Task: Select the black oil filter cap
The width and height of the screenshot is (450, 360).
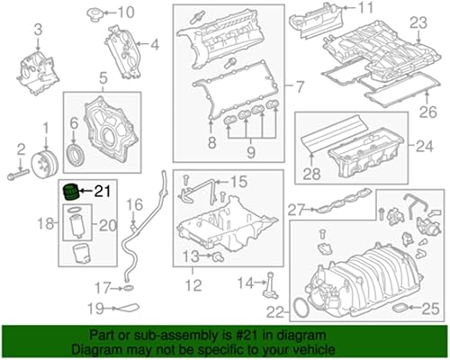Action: [68, 191]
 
